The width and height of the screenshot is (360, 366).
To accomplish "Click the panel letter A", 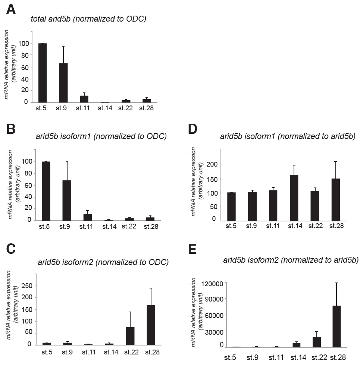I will pos(11,9).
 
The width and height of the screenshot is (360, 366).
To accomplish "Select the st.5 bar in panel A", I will pos(43,73).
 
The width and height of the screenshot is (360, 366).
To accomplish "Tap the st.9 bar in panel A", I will pos(63,82).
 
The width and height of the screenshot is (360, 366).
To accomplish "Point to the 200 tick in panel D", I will pos(212,164).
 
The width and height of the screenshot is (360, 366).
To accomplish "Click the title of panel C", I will pos(103,262).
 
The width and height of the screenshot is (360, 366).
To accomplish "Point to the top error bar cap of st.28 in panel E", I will pos(336,283).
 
